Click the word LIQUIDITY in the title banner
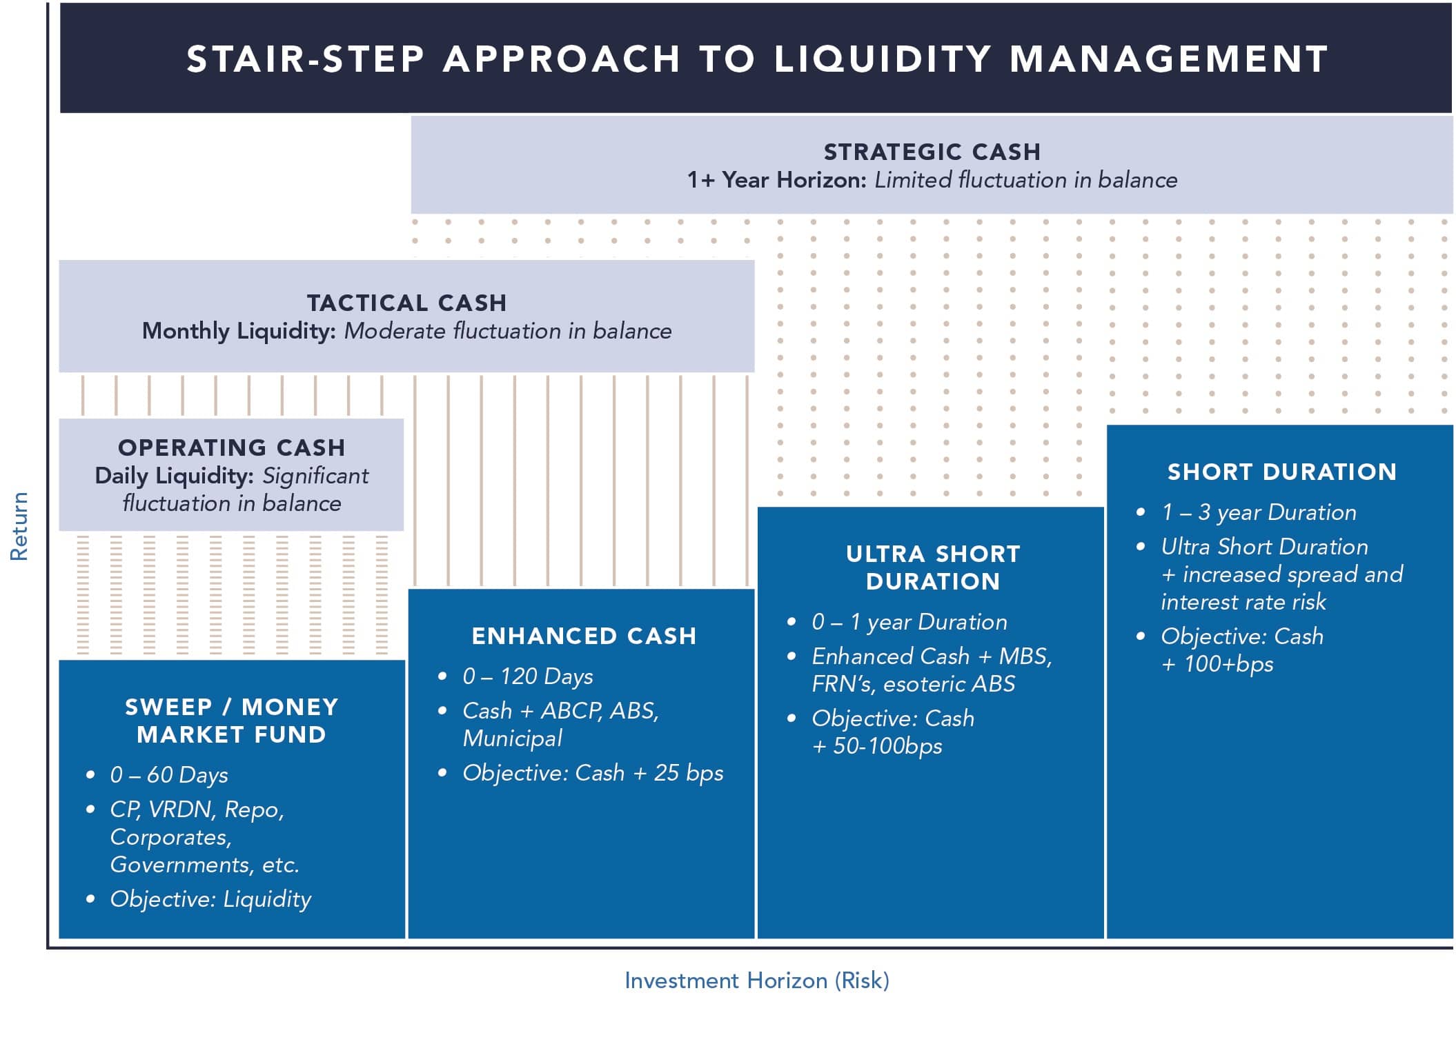pyautogui.click(x=883, y=59)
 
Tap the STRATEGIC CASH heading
pyautogui.click(x=932, y=152)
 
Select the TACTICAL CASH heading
pyautogui.click(x=406, y=303)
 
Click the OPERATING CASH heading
pyautogui.click(x=232, y=448)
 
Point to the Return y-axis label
pyautogui.click(x=19, y=526)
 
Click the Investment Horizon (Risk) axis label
pyautogui.click(x=756, y=980)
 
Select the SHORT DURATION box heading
pyautogui.click(x=1281, y=472)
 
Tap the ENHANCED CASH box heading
pyautogui.click(x=584, y=636)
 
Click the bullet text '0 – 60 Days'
pyautogui.click(x=169, y=775)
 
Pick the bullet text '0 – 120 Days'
pyautogui.click(x=528, y=676)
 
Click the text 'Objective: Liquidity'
pyautogui.click(x=210, y=899)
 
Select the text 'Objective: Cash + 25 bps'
pyautogui.click(x=593, y=773)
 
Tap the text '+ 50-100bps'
pyautogui.click(x=877, y=746)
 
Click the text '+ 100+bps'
pyautogui.click(x=1217, y=664)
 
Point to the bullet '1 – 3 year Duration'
pyautogui.click(x=1259, y=512)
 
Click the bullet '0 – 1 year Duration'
pyautogui.click(x=909, y=622)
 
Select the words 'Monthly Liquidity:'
pyautogui.click(x=239, y=331)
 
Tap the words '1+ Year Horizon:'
pyautogui.click(x=776, y=180)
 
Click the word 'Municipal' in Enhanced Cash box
pyautogui.click(x=513, y=739)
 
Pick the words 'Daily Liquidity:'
pyautogui.click(x=175, y=476)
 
